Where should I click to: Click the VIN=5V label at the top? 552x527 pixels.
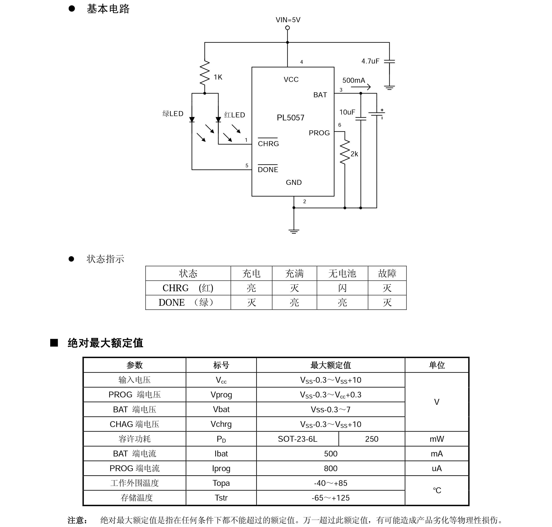(288, 20)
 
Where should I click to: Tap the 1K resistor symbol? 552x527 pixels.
(205, 72)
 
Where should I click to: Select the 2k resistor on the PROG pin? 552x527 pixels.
(345, 152)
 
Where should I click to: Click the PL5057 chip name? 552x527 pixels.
(290, 117)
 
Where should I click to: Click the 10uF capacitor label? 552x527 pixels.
(347, 112)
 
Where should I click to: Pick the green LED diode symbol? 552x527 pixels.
(192, 120)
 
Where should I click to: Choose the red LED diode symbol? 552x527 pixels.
(218, 120)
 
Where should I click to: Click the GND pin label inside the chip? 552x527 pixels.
(294, 183)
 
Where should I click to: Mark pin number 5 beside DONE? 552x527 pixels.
(247, 165)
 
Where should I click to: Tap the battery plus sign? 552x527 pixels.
(382, 110)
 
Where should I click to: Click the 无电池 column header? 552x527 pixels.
(342, 273)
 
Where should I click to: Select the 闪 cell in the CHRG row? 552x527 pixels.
(342, 288)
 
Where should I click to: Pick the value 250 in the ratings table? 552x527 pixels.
(372, 439)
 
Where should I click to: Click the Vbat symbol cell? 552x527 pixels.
(221, 409)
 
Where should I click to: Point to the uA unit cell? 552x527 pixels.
(436, 468)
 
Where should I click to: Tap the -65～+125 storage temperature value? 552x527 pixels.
(330, 498)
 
